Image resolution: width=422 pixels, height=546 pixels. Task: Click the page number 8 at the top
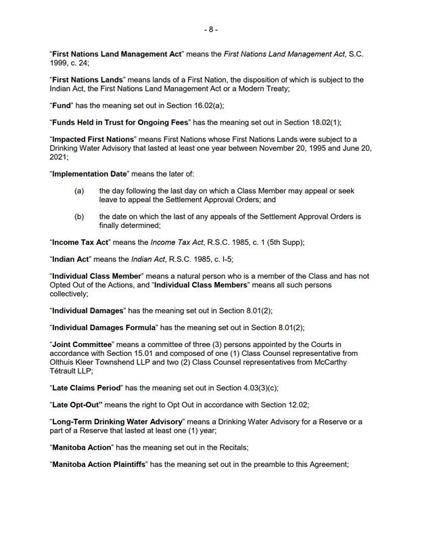pyautogui.click(x=211, y=30)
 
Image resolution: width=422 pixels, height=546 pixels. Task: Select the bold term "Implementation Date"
pyautogui.click(x=89, y=174)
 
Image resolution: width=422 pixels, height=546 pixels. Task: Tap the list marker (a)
pyautogui.click(x=79, y=191)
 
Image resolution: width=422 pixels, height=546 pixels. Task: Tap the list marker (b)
pyautogui.click(x=79, y=217)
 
